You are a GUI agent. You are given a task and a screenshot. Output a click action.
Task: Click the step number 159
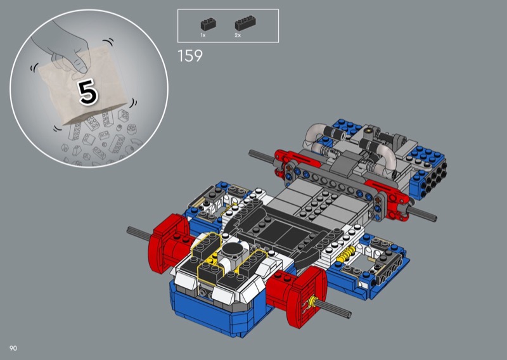coord(190,56)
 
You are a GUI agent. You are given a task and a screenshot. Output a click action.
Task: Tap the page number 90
coord(13,348)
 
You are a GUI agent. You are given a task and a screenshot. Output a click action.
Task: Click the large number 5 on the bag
coord(87,92)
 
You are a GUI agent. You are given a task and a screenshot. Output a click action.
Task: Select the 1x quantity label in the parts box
coord(203,35)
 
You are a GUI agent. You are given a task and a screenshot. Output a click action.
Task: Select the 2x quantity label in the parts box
coord(238,35)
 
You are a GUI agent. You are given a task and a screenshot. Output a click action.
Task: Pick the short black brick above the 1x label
coord(209,24)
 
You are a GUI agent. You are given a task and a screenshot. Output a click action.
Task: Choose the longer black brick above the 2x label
coord(245,23)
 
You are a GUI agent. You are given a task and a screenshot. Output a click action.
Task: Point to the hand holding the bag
coord(65,49)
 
